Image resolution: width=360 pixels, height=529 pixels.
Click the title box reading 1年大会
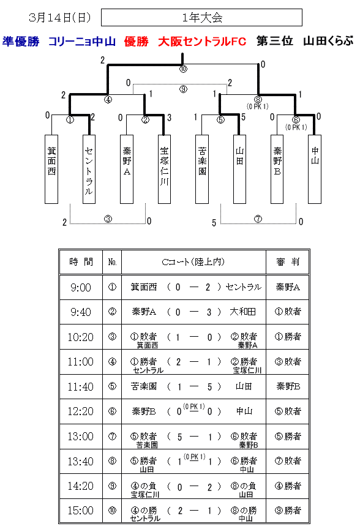tap(201, 18)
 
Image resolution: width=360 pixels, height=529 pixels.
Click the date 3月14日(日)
tap(60, 18)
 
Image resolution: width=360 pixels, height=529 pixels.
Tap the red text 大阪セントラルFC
tap(202, 41)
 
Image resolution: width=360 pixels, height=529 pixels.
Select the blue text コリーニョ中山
tap(82, 41)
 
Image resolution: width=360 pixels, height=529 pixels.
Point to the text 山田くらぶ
tap(328, 41)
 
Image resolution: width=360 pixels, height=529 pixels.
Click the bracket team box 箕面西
tap(51, 170)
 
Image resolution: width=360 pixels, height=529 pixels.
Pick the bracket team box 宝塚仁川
tap(164, 170)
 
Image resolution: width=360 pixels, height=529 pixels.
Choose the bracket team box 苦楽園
tap(202, 170)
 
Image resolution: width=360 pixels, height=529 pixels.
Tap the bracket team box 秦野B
tap(277, 170)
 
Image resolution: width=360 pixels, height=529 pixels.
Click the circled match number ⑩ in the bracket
tap(183, 69)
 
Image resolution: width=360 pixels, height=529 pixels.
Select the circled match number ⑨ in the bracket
tap(183, 89)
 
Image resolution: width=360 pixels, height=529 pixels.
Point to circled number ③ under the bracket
tap(108, 219)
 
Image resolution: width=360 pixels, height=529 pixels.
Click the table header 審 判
tap(288, 262)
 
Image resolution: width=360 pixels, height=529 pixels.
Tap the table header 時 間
tap(81, 262)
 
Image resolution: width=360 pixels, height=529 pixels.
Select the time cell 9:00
tap(81, 287)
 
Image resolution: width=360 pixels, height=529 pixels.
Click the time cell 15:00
tap(81, 511)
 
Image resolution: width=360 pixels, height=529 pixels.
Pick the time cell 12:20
tap(81, 411)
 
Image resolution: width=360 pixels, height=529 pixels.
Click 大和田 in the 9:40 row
tap(242, 312)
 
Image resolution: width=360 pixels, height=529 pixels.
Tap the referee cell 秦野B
tap(288, 386)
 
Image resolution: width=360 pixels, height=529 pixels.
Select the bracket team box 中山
tap(315, 170)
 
